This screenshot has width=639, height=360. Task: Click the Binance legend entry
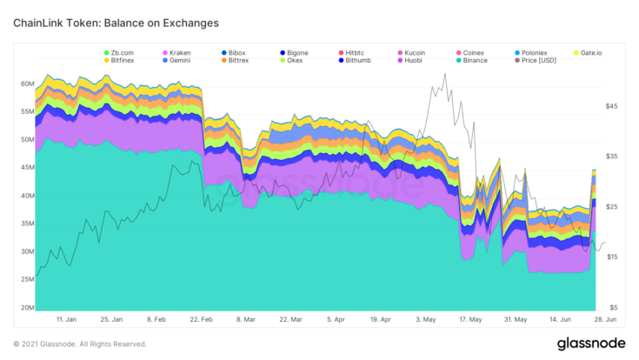[x=472, y=60]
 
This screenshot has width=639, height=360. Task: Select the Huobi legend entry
[x=410, y=60]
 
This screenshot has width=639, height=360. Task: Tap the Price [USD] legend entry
[x=536, y=60]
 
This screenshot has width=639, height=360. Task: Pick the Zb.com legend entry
[x=119, y=53]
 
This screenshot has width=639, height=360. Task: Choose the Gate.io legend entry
[x=588, y=53]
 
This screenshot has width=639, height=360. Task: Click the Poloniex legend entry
[x=531, y=53]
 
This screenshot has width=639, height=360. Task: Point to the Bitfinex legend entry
[x=119, y=60]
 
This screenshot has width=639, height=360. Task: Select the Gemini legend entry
[x=176, y=60]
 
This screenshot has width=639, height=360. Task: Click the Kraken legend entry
[x=176, y=53]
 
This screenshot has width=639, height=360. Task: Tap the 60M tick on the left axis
[x=27, y=84]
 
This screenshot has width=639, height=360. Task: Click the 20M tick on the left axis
[x=27, y=308]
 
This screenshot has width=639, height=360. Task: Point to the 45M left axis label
[x=27, y=168]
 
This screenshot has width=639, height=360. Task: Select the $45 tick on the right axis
[x=611, y=106]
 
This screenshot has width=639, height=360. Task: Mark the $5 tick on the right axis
[x=613, y=308]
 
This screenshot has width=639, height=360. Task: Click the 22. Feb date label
[x=202, y=319]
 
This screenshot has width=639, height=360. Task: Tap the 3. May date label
[x=426, y=319]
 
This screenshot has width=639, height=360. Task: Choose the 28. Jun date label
[x=605, y=319]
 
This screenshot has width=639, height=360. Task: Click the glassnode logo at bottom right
[x=591, y=343]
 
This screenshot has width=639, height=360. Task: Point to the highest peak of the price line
[x=445, y=74]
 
